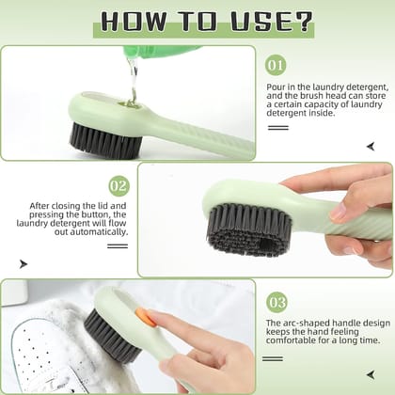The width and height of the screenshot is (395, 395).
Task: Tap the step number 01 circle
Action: point(276,66)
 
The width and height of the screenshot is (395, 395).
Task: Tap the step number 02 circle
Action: point(118,185)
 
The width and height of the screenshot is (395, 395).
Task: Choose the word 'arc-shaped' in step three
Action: point(301,322)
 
